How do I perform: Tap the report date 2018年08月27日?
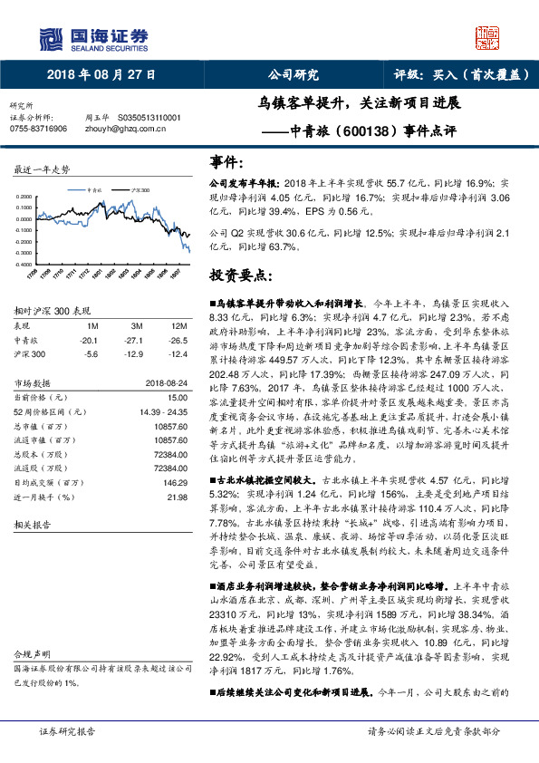(101, 75)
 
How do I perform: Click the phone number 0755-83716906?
(38, 129)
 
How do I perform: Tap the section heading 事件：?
(226, 162)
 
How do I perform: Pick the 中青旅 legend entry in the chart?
(95, 190)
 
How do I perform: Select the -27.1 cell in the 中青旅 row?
(137, 339)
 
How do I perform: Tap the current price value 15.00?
(178, 397)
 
